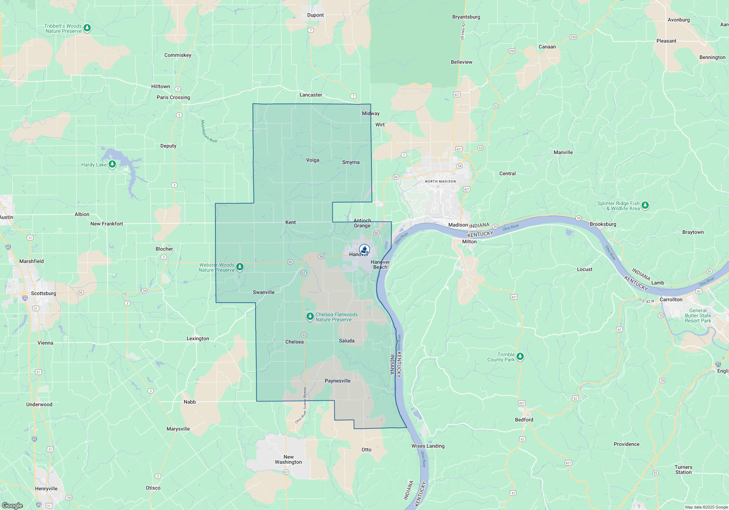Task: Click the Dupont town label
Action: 315,15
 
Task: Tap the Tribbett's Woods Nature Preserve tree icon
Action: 87,28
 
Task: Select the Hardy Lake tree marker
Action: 112,164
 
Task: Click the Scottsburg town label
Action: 43,293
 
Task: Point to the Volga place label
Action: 312,160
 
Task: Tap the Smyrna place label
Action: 351,162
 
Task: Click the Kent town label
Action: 291,222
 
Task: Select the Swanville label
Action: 264,292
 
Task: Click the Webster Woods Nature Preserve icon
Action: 239,267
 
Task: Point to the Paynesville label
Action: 338,381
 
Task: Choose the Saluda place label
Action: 346,341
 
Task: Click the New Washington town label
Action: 288,459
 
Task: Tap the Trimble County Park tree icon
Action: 520,356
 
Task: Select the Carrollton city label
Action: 671,299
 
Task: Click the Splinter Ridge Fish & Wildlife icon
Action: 645,205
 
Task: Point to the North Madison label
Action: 440,181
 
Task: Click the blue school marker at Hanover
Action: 364,249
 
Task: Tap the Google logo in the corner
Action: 12,506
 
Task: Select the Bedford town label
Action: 524,420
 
